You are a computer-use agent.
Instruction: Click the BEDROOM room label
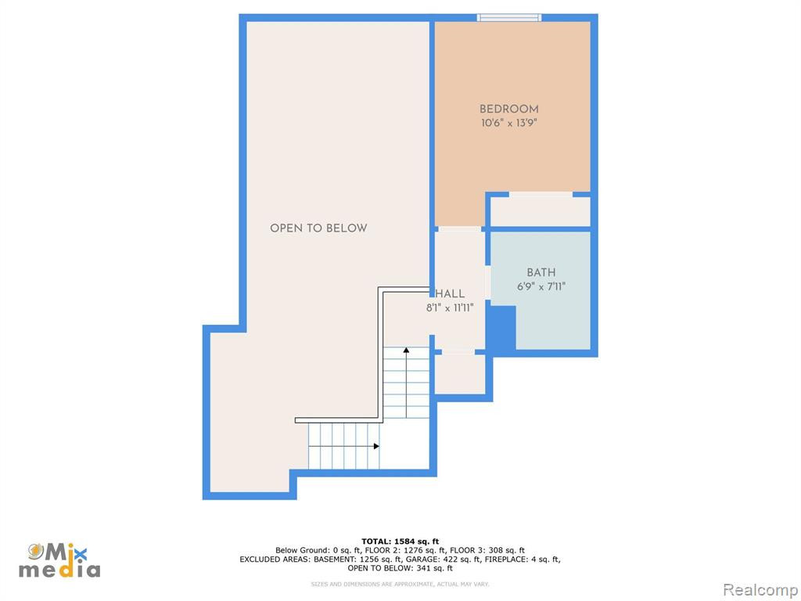508,109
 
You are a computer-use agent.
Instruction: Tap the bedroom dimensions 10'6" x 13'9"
508,123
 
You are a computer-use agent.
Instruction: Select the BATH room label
541,272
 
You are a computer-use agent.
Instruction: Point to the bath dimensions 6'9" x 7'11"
541,286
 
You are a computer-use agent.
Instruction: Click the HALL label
450,294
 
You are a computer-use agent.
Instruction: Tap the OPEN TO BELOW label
319,228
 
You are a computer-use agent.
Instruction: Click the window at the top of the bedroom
509,18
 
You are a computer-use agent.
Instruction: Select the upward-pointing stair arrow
406,383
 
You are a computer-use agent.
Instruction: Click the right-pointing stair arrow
344,446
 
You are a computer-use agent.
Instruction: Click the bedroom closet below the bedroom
541,211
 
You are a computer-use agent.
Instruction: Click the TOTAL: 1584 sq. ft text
400,542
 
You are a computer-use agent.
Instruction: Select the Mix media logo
59,560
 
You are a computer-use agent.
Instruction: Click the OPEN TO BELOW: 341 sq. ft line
400,568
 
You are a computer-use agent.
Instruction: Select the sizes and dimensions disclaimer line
400,584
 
